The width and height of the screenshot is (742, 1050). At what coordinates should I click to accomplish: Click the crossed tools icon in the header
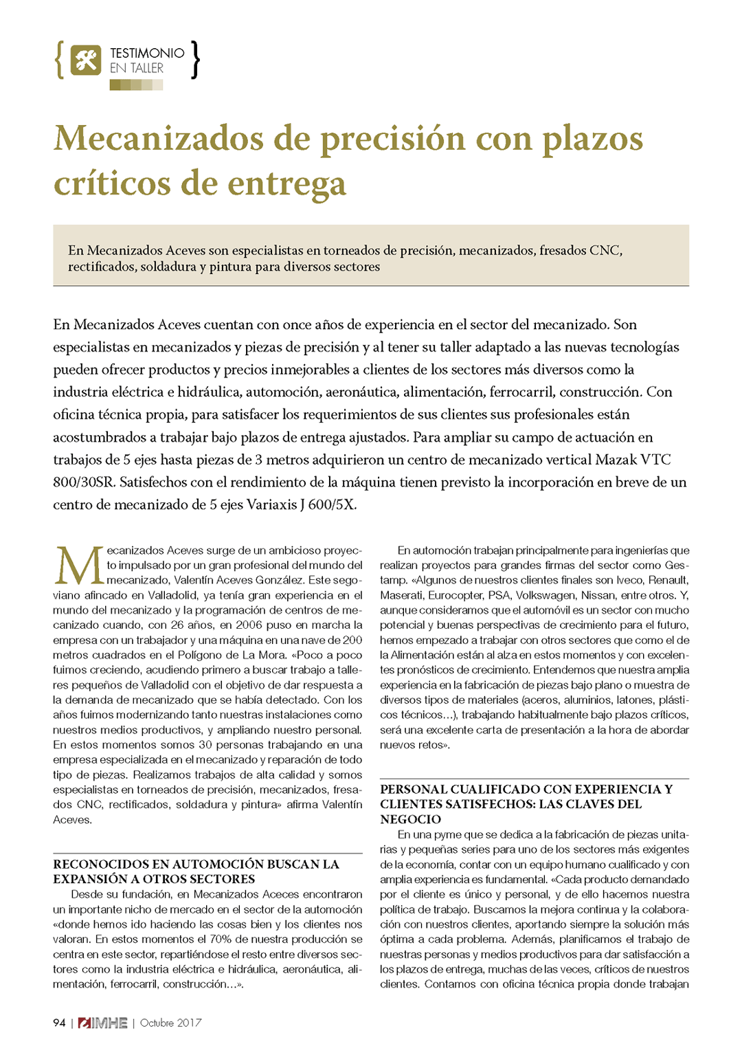tap(86, 60)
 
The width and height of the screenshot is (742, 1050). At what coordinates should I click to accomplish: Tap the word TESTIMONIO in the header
tap(147, 53)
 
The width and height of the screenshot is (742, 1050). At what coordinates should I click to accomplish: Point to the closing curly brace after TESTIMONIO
tap(196, 60)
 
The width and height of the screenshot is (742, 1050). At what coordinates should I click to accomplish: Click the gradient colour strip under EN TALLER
tap(136, 85)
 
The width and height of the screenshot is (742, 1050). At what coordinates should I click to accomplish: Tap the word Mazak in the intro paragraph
tap(616, 460)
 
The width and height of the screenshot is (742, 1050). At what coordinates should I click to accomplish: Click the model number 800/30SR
tap(84, 482)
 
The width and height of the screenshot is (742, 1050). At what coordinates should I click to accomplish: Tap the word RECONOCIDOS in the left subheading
tap(110, 864)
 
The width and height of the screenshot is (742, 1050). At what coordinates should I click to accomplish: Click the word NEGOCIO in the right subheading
tap(411, 819)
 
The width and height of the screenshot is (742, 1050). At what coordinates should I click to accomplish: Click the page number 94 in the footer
tap(59, 1023)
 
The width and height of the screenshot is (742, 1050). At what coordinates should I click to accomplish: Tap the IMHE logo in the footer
tap(103, 1023)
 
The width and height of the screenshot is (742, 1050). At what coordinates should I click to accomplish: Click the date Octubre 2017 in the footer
tap(171, 1023)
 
